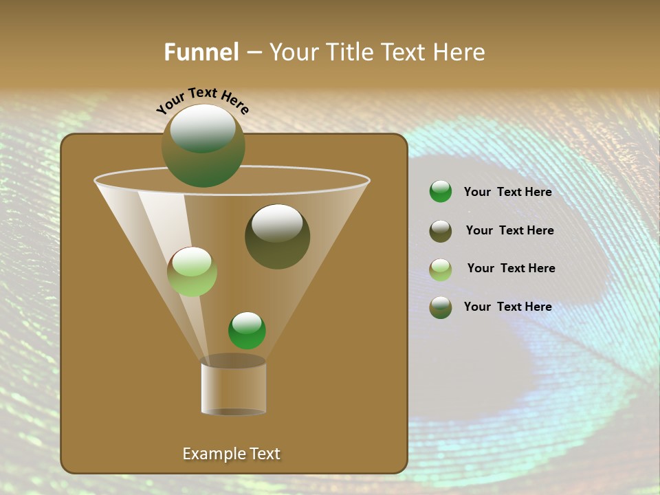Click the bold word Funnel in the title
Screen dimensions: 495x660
tap(201, 52)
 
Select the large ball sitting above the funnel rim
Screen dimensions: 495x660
tap(203, 146)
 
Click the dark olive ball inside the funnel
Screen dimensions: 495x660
tap(277, 236)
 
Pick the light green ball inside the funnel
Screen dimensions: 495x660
tap(192, 272)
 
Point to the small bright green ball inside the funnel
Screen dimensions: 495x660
tap(247, 331)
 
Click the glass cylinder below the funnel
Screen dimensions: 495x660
tap(233, 388)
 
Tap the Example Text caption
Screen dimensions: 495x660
tap(231, 454)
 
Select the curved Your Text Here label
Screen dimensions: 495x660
tap(202, 100)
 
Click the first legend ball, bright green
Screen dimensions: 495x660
tap(441, 192)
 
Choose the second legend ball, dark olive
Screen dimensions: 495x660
tap(441, 231)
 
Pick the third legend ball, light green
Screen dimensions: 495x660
tap(441, 269)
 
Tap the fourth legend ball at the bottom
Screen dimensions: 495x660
tap(441, 307)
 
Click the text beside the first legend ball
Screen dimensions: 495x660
tap(507, 192)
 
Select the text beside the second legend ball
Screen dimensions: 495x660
tap(509, 230)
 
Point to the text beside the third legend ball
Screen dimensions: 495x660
tap(511, 268)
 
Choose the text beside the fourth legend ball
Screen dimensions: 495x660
tap(507, 307)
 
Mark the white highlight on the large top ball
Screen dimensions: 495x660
tap(203, 128)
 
